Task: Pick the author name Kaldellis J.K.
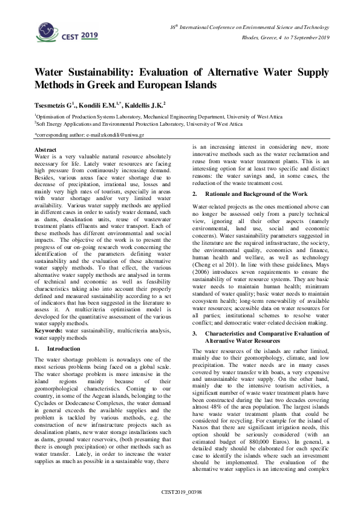point(145,104)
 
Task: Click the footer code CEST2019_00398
point(180,493)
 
